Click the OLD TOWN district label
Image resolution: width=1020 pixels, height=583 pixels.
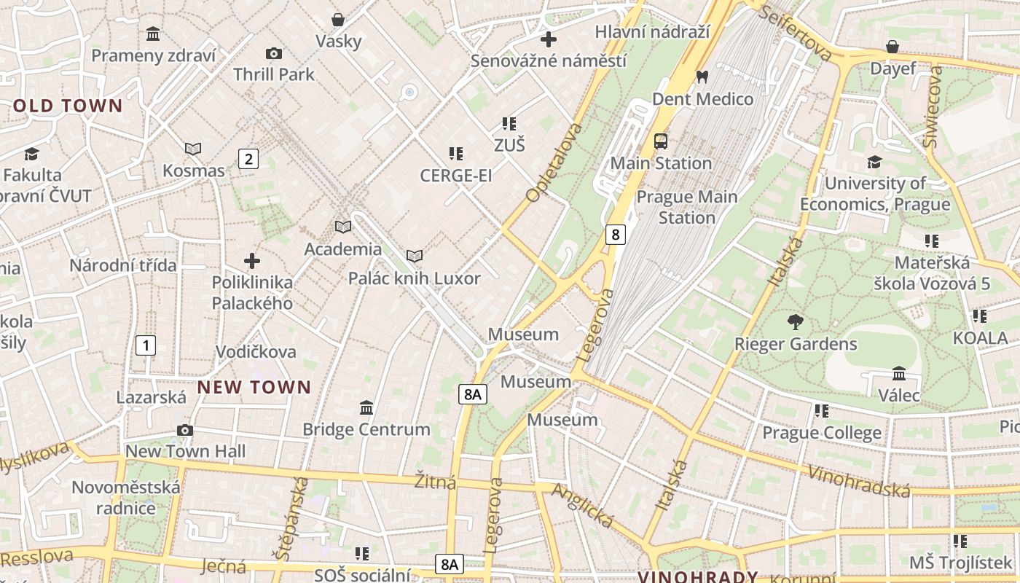[x=68, y=106]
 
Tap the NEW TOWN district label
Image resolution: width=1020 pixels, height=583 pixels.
[x=254, y=388]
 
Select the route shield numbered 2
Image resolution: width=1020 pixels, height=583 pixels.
[x=248, y=159]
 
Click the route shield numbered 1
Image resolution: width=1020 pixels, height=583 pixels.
[x=146, y=345]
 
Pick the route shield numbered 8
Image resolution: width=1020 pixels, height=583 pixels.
[x=616, y=235]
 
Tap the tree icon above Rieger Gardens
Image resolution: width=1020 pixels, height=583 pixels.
[x=795, y=321]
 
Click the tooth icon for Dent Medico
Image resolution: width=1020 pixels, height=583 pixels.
[x=702, y=76]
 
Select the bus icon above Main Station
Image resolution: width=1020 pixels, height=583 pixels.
[x=661, y=141]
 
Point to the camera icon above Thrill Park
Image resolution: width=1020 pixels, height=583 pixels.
[x=274, y=53]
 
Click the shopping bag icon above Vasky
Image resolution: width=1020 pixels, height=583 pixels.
[x=338, y=20]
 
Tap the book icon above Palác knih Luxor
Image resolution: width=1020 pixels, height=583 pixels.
[x=414, y=257]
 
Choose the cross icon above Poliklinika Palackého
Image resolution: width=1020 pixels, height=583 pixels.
[x=252, y=261]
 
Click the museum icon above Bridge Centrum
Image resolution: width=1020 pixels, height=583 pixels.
[x=366, y=407]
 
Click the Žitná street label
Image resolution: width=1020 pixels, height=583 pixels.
[x=435, y=482]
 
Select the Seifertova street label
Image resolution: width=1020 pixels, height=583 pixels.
[x=796, y=32]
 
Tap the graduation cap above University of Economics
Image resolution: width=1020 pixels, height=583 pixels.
[x=874, y=162]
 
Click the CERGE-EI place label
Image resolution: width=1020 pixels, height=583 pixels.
[x=456, y=176]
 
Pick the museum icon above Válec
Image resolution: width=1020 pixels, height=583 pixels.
[x=899, y=373]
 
